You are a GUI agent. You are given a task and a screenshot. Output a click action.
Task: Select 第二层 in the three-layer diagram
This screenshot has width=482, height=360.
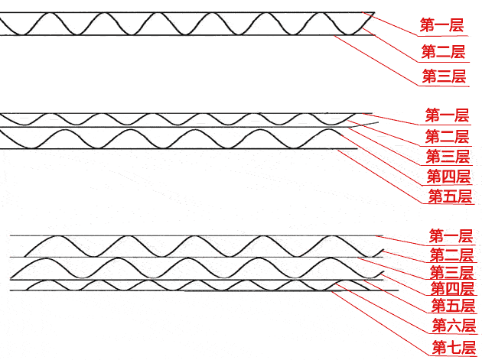[x=443, y=52]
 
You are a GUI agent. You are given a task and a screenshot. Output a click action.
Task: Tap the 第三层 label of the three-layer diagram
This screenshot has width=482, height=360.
[x=444, y=76]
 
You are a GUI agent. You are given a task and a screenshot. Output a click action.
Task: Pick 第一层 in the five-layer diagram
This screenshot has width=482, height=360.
[x=447, y=116]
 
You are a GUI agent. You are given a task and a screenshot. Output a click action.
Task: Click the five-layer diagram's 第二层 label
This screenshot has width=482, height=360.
[x=447, y=137]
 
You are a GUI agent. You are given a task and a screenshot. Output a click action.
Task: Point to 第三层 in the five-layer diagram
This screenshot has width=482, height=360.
[x=448, y=157]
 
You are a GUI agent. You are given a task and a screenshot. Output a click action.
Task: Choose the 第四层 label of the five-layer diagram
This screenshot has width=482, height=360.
[x=448, y=177]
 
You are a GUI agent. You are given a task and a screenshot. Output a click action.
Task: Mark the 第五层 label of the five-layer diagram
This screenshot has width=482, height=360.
[x=450, y=196]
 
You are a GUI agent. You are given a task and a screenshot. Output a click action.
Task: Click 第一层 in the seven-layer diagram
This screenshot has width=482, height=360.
[x=451, y=235]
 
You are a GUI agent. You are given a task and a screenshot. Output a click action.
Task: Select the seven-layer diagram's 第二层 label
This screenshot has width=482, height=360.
[x=451, y=255]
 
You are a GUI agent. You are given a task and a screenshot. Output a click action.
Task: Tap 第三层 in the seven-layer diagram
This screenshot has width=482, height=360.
[x=451, y=273]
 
